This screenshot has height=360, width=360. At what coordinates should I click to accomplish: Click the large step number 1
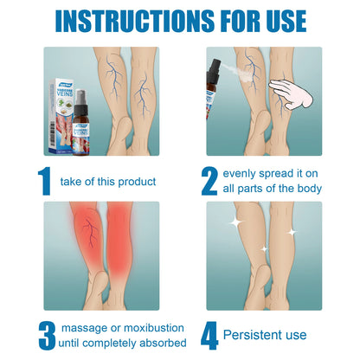coord(44,181)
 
